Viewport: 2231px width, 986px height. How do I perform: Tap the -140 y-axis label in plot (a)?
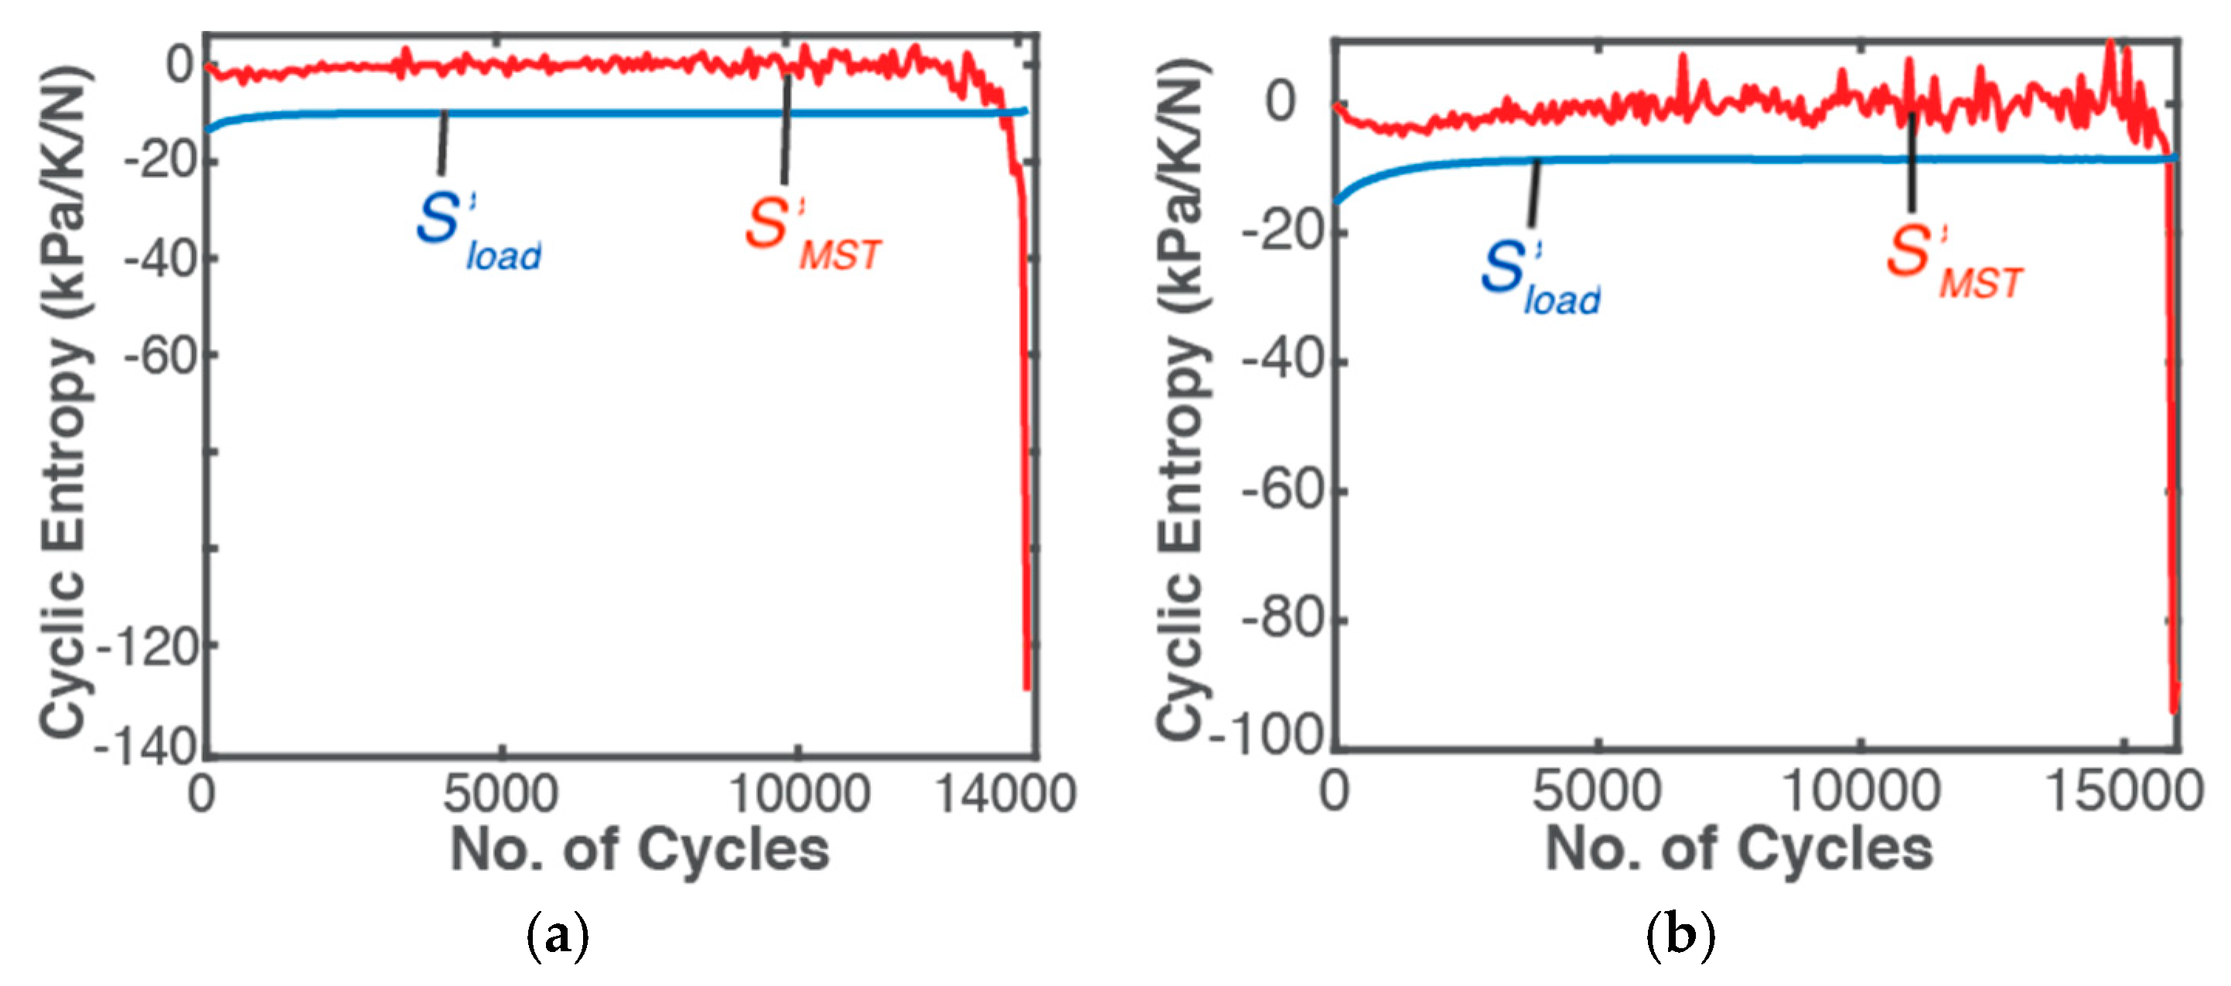(x=145, y=746)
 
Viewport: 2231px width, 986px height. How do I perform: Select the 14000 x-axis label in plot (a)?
(x=1005, y=793)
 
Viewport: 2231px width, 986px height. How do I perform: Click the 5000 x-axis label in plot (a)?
(x=500, y=793)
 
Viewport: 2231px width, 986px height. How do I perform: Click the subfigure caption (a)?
(x=557, y=935)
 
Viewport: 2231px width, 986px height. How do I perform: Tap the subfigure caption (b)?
(x=1680, y=935)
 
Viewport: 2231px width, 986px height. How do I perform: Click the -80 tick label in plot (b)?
(x=1283, y=620)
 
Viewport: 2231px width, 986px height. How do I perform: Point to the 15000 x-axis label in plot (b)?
(x=2123, y=791)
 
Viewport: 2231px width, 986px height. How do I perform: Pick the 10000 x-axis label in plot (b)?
(x=1861, y=791)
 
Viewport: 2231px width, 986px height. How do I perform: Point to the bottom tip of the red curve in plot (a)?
(x=1027, y=688)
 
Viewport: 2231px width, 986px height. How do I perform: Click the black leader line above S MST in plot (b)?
(x=1912, y=165)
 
